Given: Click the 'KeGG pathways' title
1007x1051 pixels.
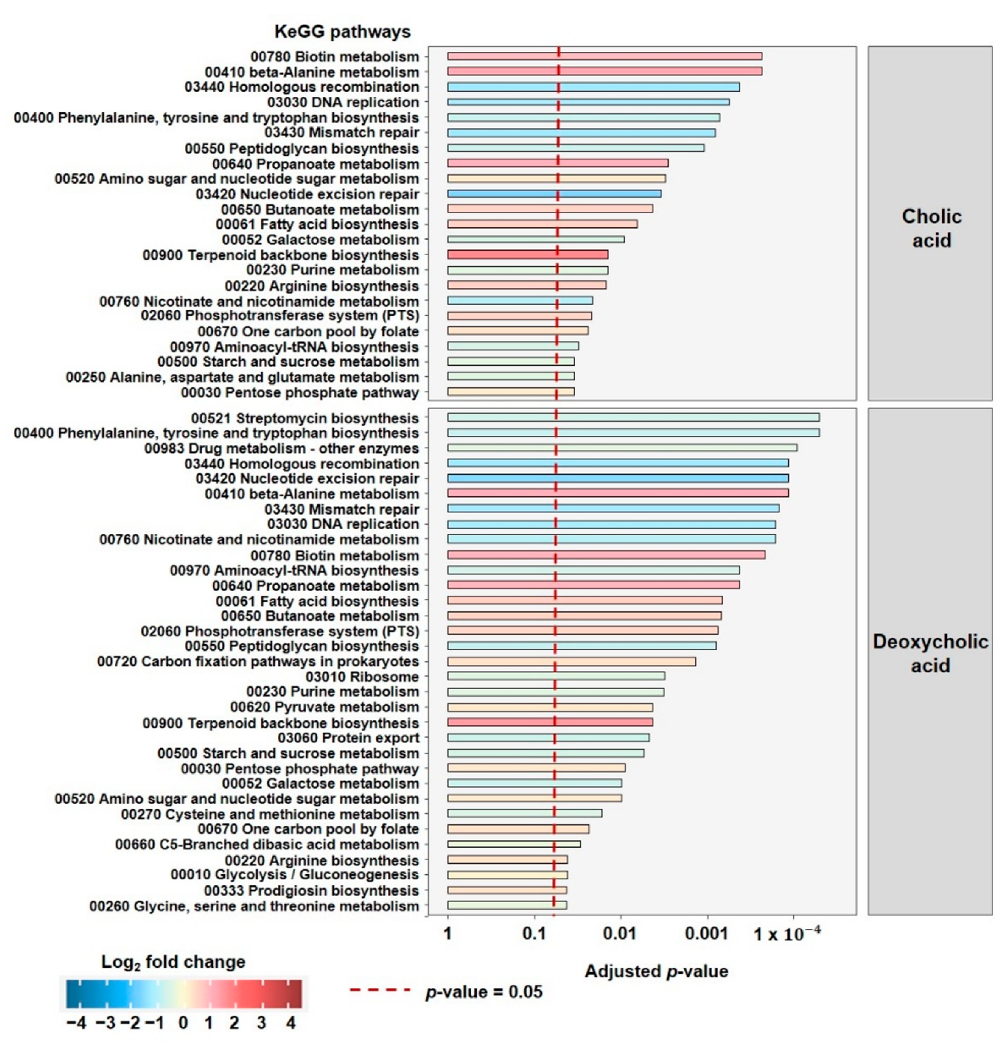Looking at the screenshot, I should tap(342, 31).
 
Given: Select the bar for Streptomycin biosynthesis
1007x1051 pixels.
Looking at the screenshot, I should tap(632, 418).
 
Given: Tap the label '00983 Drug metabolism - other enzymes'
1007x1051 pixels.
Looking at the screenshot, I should tap(281, 448).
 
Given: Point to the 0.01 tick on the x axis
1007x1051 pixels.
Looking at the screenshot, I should tap(620, 933).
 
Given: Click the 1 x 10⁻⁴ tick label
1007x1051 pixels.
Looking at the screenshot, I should tap(786, 934).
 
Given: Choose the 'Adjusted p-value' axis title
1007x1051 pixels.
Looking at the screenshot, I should tap(656, 971).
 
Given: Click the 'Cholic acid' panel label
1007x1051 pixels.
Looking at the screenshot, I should tap(930, 228).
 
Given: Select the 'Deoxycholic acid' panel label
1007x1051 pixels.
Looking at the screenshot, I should tap(930, 654).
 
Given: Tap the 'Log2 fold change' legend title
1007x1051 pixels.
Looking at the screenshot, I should tap(173, 962).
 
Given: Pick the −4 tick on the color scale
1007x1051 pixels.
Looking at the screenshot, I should tap(76, 1023).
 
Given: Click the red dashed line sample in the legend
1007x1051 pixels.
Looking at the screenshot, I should tap(380, 990).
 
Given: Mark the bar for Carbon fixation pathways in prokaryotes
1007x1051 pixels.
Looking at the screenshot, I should tap(571, 662).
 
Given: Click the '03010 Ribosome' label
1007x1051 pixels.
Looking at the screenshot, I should tap(362, 677).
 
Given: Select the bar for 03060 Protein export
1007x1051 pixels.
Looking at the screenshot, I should tap(548, 738).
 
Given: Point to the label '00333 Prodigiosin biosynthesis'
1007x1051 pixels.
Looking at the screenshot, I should tap(311, 890).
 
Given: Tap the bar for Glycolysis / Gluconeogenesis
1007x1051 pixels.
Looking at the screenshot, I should tap(507, 875).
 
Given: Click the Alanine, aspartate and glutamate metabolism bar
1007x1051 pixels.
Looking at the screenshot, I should tap(511, 376).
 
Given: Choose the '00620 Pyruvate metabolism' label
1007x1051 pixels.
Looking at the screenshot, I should tap(324, 707).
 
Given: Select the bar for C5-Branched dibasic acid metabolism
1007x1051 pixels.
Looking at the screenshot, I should tap(514, 844).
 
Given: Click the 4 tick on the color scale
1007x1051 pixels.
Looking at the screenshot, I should tap(291, 1023).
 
